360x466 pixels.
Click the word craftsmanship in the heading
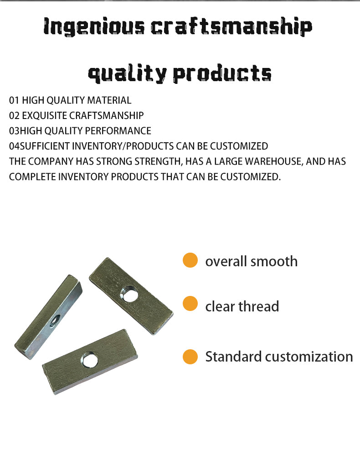(x=231, y=27)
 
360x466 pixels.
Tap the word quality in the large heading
(x=127, y=74)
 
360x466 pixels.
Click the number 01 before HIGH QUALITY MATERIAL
(x=14, y=100)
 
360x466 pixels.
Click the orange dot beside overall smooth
(x=190, y=260)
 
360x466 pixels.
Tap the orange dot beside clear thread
(x=190, y=303)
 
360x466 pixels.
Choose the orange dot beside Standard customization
(x=190, y=356)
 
